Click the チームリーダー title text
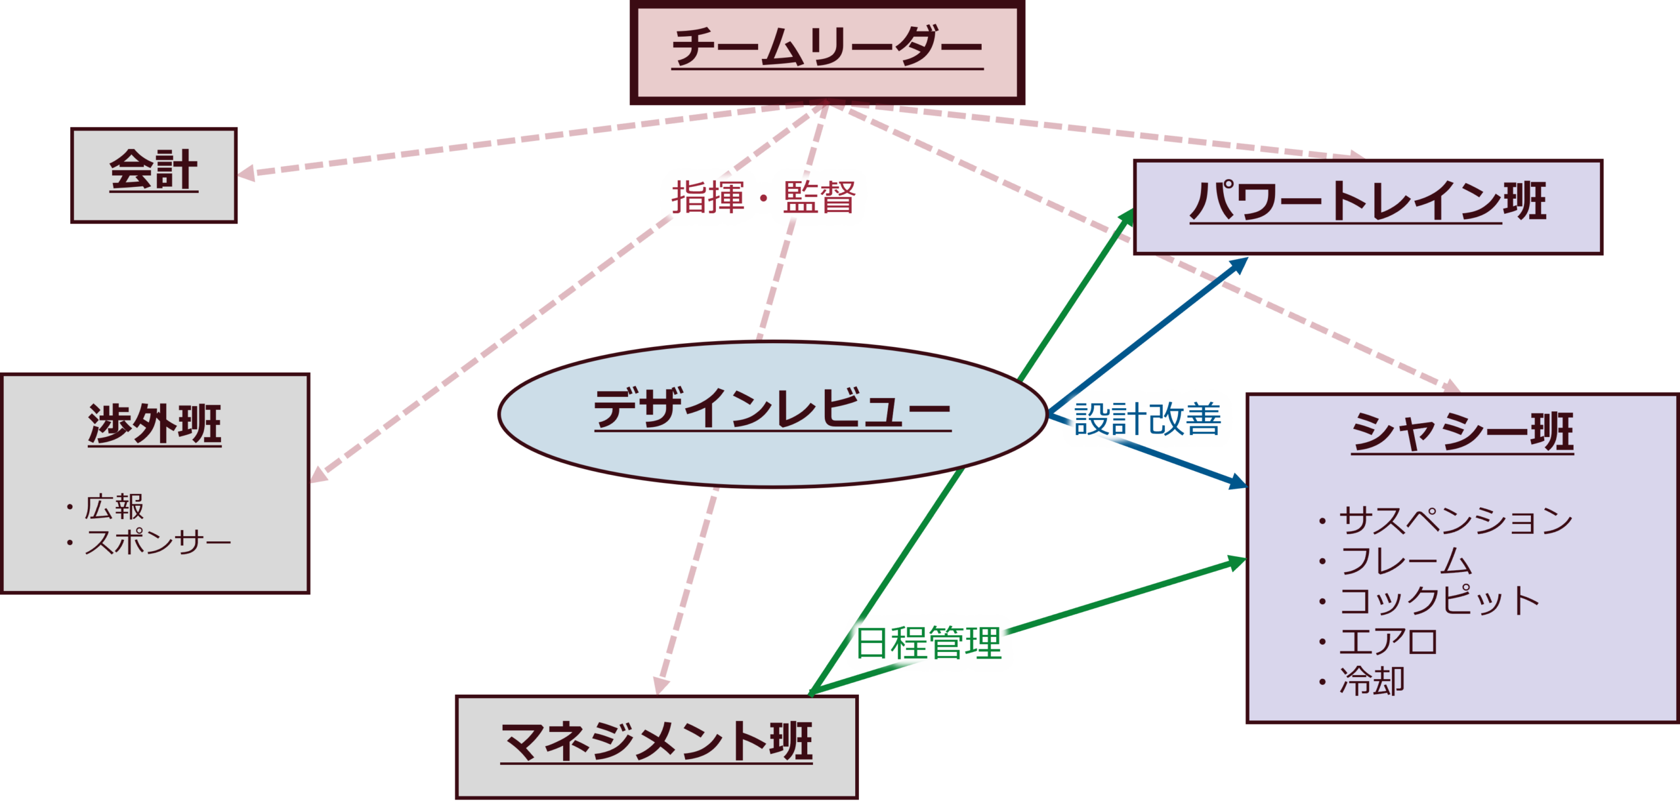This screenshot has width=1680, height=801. tap(827, 47)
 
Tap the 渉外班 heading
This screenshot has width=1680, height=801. tap(155, 425)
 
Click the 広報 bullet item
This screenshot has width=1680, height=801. tap(114, 507)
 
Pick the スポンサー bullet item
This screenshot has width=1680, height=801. tap(157, 543)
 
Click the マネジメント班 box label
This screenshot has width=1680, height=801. tap(656, 742)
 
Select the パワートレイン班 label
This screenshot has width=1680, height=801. tap(1368, 201)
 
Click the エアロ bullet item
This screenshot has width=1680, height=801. tap(1389, 642)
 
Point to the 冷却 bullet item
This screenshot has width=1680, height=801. tap(1372, 682)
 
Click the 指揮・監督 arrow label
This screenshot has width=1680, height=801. tap(763, 197)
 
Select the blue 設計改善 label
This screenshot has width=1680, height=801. tap(1147, 419)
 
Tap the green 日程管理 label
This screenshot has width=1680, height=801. tap(929, 642)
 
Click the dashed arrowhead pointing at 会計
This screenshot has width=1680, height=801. tap(245, 173)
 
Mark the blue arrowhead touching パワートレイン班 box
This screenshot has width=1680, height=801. tap(1240, 264)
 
